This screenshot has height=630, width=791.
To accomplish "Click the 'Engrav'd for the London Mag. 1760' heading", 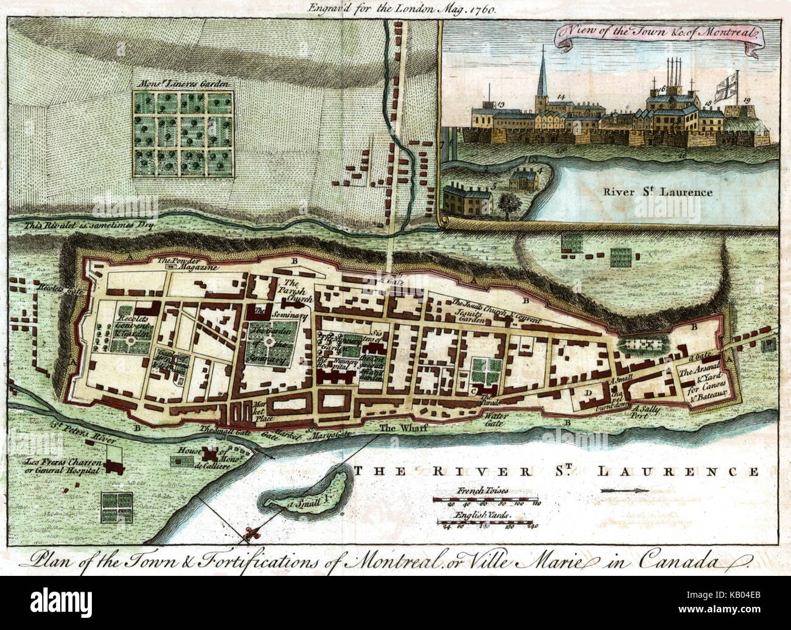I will pos(395,9).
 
